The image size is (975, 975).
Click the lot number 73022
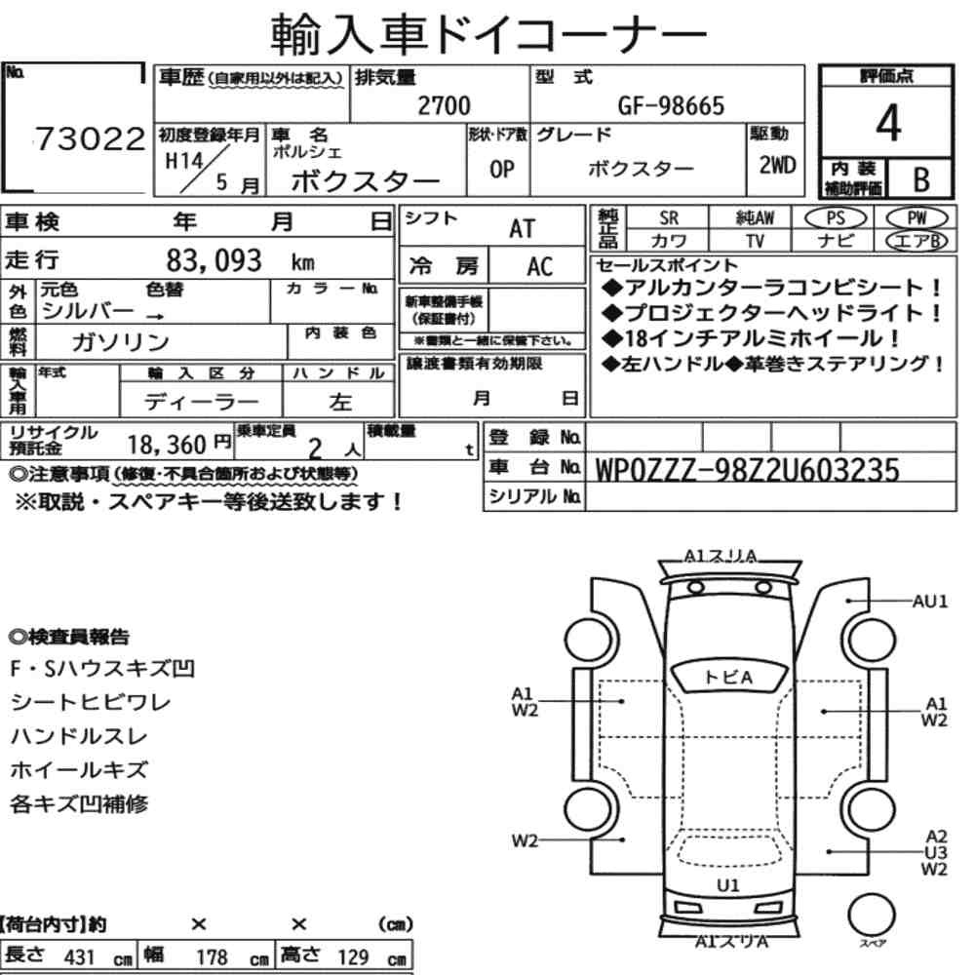tap(90, 138)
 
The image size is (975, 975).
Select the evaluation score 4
tap(887, 123)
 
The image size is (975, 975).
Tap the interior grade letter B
tap(921, 179)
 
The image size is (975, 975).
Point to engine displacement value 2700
tap(444, 105)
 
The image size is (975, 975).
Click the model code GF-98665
tap(671, 106)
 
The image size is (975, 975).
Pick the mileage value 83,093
tap(214, 260)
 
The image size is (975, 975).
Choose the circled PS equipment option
tap(836, 217)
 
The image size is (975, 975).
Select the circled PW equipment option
tap(916, 217)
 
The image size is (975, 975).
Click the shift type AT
tap(522, 229)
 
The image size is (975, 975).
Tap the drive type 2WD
tap(777, 166)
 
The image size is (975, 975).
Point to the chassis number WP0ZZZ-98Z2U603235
tap(747, 470)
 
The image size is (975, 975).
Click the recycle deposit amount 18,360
tap(167, 445)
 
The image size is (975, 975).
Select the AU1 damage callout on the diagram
tap(929, 602)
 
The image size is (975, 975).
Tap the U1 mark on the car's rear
tap(727, 885)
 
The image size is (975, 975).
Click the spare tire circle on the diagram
tap(871, 915)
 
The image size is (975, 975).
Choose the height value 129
tap(353, 956)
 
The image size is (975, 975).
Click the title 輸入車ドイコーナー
tap(487, 34)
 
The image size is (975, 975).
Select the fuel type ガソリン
tap(120, 341)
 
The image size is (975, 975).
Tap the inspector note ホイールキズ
tap(79, 770)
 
